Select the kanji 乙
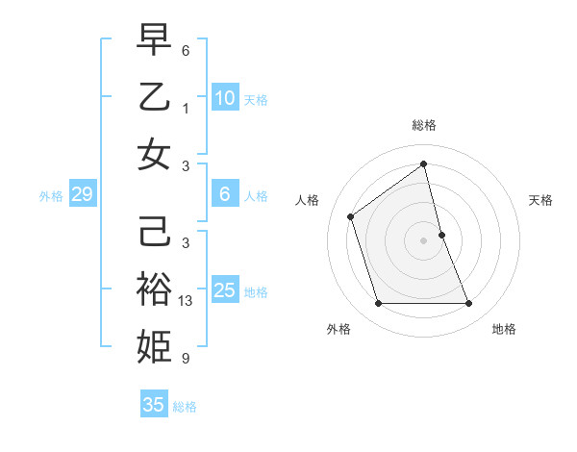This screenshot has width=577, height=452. click(154, 97)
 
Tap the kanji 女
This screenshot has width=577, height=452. click(154, 154)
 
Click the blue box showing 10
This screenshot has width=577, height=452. click(224, 97)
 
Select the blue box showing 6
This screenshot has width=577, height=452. click(224, 193)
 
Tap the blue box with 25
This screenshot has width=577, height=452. click(224, 289)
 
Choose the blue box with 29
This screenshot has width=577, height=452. click(82, 194)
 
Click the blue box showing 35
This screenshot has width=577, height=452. click(154, 405)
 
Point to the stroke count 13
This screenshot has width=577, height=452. click(187, 301)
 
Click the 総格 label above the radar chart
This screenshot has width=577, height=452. click(424, 125)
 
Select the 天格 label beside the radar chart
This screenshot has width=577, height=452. click(540, 200)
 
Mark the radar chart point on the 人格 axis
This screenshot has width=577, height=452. click(351, 216)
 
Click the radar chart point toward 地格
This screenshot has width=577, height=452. click(469, 304)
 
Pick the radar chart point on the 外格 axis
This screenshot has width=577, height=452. click(378, 304)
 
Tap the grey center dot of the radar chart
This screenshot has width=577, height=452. click(424, 240)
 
